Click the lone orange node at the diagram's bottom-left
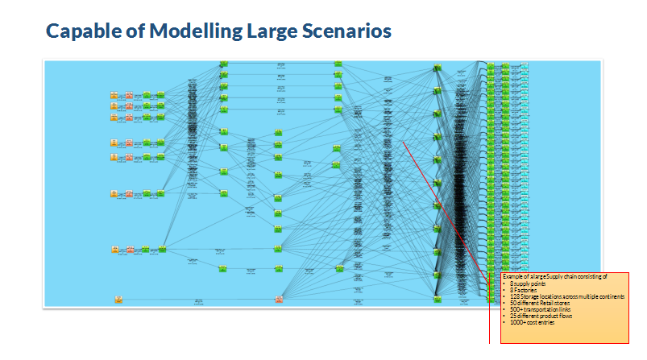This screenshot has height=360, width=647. tap(118, 300)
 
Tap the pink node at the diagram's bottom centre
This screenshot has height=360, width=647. tap(279, 300)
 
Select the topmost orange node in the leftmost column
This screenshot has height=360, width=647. tap(115, 96)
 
